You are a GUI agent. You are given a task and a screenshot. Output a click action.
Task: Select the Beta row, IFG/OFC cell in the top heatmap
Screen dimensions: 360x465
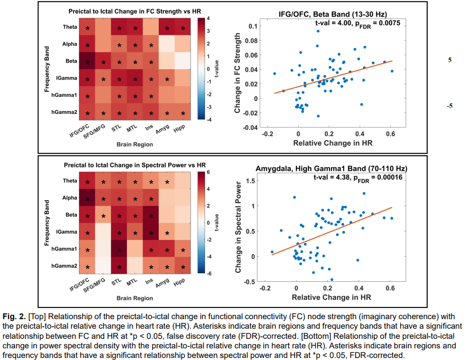click(88, 63)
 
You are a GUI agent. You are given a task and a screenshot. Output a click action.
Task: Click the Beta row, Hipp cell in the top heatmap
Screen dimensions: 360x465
click(183, 63)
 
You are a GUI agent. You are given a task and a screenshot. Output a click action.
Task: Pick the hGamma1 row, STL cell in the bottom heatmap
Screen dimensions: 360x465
click(119, 250)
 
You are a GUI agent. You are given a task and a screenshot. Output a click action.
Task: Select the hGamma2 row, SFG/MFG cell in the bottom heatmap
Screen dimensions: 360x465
click(103, 267)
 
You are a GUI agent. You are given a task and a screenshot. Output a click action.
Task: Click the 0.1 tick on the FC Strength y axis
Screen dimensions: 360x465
click(249, 26)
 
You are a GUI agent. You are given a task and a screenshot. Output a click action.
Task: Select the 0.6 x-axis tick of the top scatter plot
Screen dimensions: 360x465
click(390, 134)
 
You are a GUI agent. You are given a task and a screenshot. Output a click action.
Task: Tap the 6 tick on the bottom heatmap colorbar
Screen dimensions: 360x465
click(214, 173)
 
